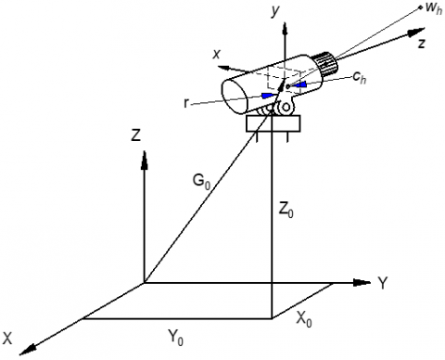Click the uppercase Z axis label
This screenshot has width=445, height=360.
click(136, 135)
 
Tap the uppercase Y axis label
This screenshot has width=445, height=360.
click(383, 283)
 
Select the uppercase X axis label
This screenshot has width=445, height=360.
click(7, 339)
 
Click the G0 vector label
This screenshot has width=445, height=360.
click(201, 182)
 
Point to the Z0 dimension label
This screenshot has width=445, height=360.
click(286, 211)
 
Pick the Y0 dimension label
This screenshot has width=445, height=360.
click(175, 338)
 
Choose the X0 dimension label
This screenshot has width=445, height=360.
click(304, 319)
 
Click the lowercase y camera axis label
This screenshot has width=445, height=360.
click(274, 11)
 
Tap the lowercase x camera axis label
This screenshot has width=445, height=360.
click(217, 54)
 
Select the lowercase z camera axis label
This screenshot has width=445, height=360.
click(421, 44)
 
